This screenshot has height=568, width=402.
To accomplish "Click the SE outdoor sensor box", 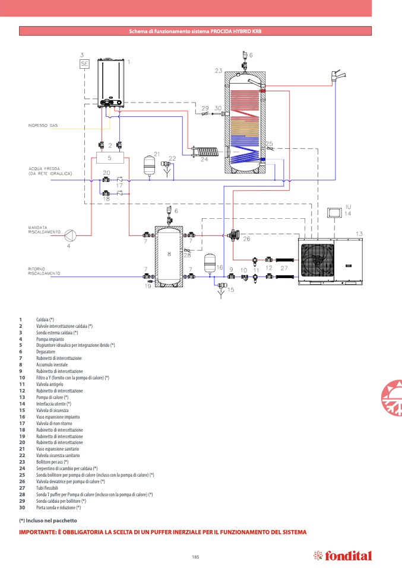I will tap(84, 64).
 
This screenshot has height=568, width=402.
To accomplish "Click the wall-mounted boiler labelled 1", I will tap(111, 83).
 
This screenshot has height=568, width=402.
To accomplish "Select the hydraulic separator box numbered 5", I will tap(110, 158).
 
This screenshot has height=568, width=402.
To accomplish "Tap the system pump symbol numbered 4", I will tap(69, 234).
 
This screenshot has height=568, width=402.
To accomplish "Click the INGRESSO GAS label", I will tap(43, 126).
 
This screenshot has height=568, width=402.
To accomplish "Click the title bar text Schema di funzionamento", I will tap(195, 31).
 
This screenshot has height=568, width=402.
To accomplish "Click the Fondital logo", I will tap(343, 556).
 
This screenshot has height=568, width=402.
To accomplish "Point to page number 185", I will tap(195, 556).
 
